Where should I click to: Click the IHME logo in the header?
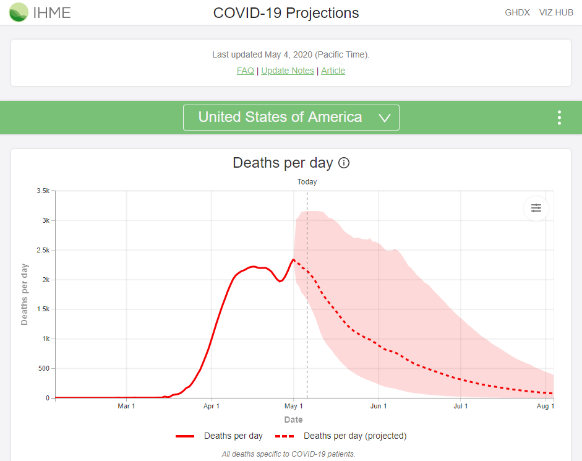tap(40, 12)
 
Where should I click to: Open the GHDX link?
tap(517, 12)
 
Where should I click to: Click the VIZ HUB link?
tap(555, 12)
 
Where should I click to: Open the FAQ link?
tap(245, 71)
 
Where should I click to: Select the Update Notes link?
tap(288, 71)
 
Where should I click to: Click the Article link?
tap(333, 71)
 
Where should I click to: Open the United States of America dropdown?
tap(291, 118)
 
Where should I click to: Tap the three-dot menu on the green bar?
tap(559, 118)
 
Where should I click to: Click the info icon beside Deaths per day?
tap(344, 163)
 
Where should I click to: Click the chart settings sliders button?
tap(536, 208)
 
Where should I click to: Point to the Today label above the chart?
tap(307, 182)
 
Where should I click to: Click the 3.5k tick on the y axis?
tap(43, 191)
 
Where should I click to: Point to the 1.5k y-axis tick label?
tap(43, 309)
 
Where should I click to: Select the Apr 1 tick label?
tap(212, 407)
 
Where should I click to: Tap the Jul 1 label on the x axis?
tap(460, 407)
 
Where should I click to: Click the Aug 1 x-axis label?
tap(545, 407)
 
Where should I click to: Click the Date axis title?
tap(293, 420)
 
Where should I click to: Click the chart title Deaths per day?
tap(283, 163)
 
